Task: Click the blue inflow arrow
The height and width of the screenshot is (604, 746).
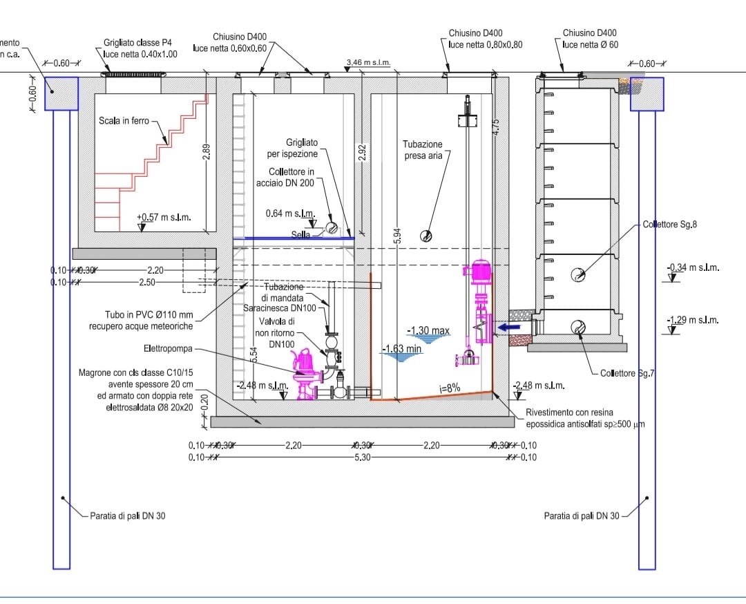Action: click(x=512, y=328)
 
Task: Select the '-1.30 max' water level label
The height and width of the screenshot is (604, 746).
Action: click(x=428, y=331)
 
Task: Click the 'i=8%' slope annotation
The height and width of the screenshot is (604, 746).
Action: click(x=450, y=388)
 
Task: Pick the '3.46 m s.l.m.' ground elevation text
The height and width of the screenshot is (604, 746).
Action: click(x=368, y=63)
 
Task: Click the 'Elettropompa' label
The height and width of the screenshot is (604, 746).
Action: click(x=168, y=348)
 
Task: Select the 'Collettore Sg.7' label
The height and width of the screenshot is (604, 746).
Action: click(x=627, y=373)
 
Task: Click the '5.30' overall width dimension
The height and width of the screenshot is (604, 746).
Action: click(x=359, y=457)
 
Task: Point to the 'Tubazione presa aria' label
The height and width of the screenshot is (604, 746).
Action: click(x=422, y=150)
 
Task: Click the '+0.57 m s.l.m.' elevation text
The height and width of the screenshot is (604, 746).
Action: click(x=164, y=218)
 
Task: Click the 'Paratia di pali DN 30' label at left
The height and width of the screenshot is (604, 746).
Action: click(x=128, y=516)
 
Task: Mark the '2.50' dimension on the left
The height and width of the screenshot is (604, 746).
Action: click(x=147, y=282)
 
